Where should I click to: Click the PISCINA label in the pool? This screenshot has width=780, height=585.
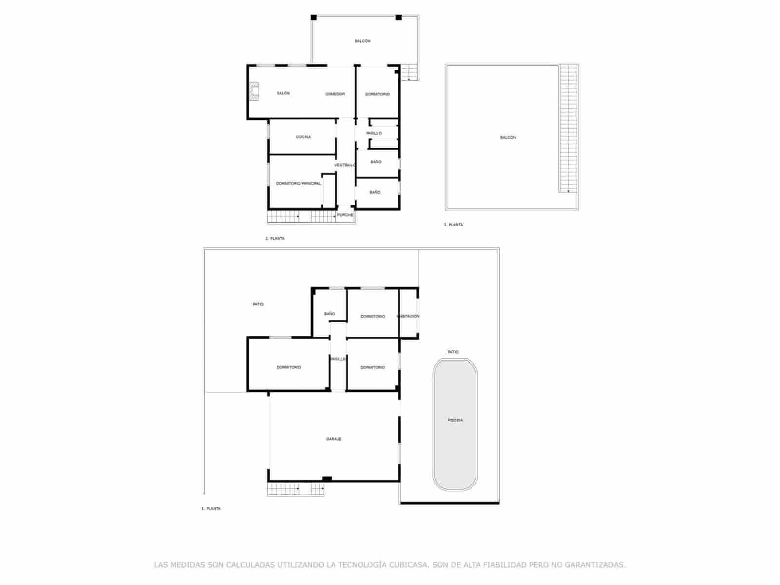pyautogui.click(x=455, y=420)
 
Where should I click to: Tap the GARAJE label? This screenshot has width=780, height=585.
pyautogui.click(x=333, y=439)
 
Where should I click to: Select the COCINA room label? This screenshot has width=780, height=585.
pyautogui.click(x=303, y=137)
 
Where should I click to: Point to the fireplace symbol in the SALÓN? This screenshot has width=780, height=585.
pyautogui.click(x=253, y=91)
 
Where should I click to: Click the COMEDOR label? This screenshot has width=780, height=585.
pyautogui.click(x=335, y=94)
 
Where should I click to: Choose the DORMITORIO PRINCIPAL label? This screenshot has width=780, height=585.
pyautogui.click(x=298, y=184)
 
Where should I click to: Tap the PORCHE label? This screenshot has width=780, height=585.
pyautogui.click(x=345, y=215)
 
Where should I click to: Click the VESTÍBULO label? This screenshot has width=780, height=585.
pyautogui.click(x=345, y=165)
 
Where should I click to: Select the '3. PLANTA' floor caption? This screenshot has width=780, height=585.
pyautogui.click(x=453, y=225)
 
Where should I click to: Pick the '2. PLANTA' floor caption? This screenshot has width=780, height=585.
pyautogui.click(x=275, y=238)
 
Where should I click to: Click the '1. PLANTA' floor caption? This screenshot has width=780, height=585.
pyautogui.click(x=211, y=508)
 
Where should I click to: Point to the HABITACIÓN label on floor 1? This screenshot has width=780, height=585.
pyautogui.click(x=409, y=316)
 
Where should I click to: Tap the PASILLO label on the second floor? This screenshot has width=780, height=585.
pyautogui.click(x=374, y=133)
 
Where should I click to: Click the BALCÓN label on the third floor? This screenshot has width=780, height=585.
pyautogui.click(x=508, y=137)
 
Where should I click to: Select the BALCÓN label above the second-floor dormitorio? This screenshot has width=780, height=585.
pyautogui.click(x=362, y=41)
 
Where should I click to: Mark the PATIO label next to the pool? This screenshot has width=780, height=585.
pyautogui.click(x=453, y=351)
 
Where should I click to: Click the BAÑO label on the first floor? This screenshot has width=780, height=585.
pyautogui.click(x=330, y=314)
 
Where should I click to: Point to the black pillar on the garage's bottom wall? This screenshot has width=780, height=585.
pyautogui.click(x=327, y=479)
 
